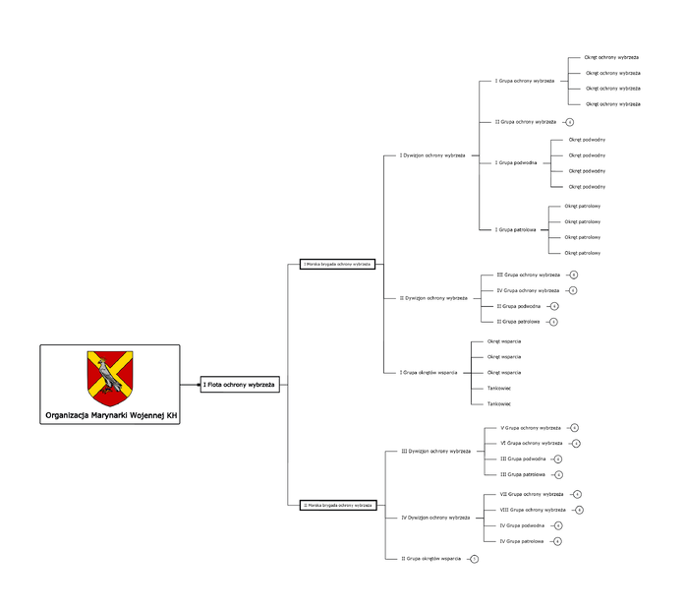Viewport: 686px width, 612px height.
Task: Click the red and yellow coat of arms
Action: point(110,378)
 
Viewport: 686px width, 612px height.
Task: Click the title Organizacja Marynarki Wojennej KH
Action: point(111,416)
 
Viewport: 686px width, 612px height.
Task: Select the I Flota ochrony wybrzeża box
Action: point(240,384)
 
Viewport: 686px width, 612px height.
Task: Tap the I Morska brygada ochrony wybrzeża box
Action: point(337,264)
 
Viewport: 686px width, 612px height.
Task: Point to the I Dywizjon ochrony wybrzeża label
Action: point(432,155)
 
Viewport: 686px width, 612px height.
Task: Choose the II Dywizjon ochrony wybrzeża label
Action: point(433,297)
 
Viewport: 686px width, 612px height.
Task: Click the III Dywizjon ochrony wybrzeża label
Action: point(435,451)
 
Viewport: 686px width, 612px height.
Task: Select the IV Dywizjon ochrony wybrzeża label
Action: point(435,518)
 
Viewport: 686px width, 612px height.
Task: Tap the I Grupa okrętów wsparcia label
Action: point(428,373)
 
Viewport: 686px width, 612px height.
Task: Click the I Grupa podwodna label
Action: point(516,162)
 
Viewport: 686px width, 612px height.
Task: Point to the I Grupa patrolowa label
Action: point(515,229)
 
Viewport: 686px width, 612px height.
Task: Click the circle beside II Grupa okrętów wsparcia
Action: point(474,559)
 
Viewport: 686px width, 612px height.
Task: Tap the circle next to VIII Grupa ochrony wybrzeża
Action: point(580,510)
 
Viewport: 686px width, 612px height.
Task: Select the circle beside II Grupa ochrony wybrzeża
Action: point(570,122)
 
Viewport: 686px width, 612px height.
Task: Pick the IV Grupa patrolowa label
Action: point(522,541)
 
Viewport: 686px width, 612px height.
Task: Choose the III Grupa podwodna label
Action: point(523,459)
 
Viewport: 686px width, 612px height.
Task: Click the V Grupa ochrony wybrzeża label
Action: point(531,428)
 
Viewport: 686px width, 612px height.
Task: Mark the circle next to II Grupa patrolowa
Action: point(554,322)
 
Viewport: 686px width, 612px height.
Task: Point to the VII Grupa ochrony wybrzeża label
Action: point(532,494)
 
